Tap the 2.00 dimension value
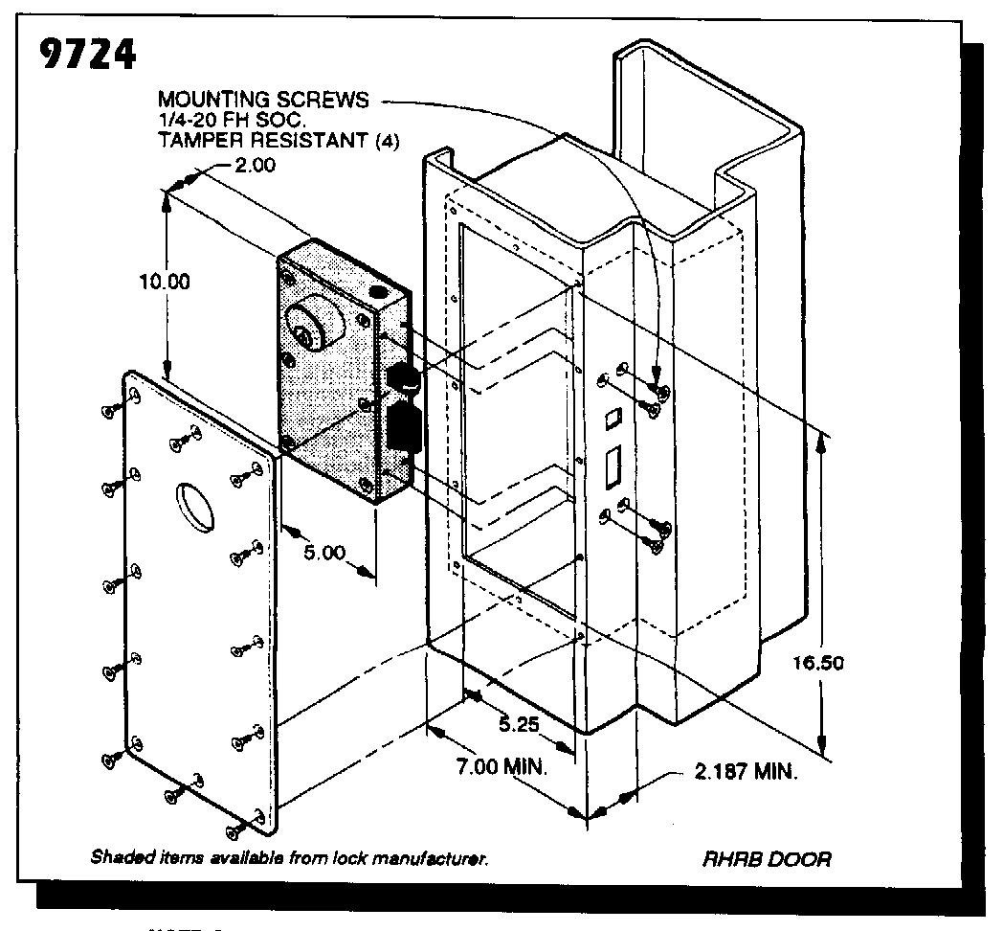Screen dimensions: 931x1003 click(x=254, y=165)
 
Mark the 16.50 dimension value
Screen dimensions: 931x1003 click(x=818, y=663)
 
